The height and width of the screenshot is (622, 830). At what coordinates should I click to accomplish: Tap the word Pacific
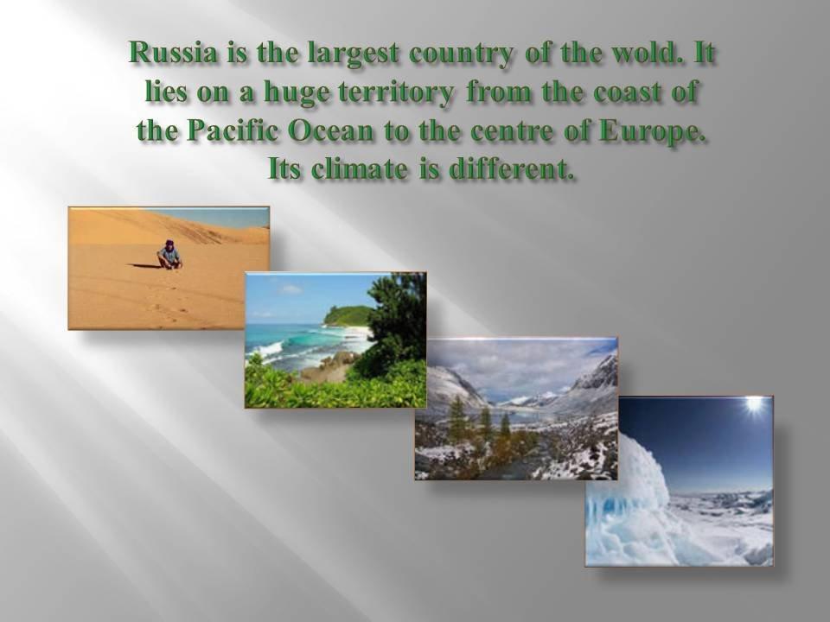coord(233,130)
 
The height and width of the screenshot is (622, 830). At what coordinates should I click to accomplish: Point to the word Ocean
coord(330,130)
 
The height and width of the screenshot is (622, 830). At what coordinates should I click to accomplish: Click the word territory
coord(396,93)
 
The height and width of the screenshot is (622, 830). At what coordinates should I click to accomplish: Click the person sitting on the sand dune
coord(170,255)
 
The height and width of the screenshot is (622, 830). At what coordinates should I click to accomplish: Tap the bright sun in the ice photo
coord(753,405)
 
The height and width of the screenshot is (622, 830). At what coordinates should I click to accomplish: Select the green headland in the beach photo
coord(348,315)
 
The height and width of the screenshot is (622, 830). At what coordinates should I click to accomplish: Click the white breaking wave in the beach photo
coord(267,349)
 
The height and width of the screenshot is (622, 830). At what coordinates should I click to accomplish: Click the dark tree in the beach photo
coord(398,321)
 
